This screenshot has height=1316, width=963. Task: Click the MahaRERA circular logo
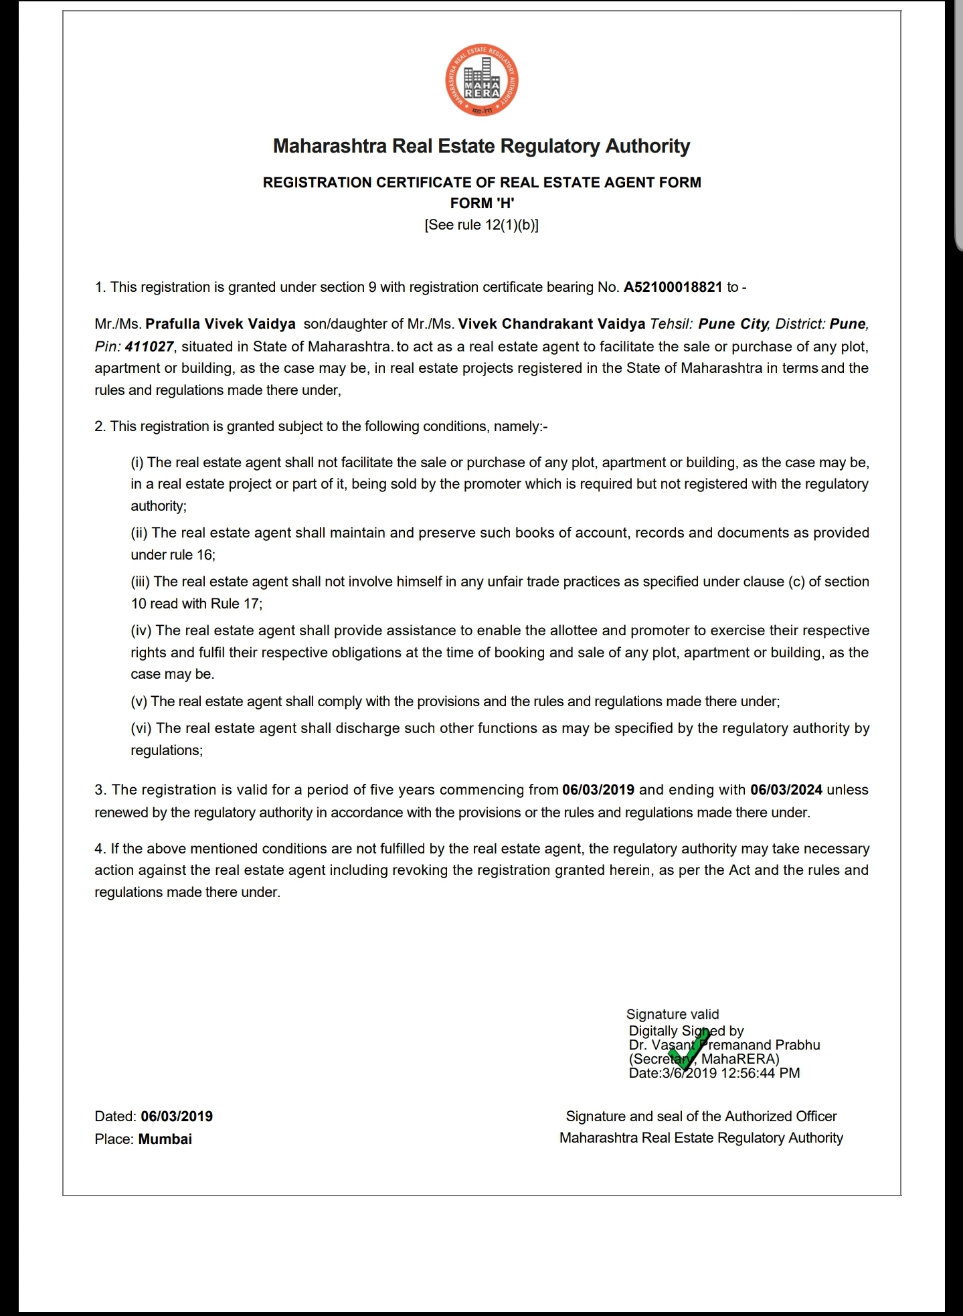(482, 81)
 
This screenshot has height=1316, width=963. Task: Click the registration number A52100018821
(673, 287)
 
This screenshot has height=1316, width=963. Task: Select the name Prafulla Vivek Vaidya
(221, 324)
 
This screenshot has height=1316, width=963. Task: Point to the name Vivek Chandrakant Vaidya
(552, 324)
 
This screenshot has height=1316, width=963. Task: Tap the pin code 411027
(149, 347)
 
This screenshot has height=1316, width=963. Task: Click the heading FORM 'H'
(482, 203)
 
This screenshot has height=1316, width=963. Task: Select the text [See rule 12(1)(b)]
(482, 225)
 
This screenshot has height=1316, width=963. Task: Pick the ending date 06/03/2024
(786, 790)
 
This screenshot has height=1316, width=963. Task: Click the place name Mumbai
(165, 1139)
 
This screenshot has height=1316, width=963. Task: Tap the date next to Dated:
(177, 1117)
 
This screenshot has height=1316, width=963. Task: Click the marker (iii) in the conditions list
(141, 582)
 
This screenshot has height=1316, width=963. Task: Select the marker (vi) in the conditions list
(141, 728)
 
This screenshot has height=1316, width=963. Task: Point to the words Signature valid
(673, 1014)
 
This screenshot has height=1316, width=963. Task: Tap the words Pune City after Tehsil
(733, 324)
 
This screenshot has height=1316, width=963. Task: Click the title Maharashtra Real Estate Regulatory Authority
(482, 146)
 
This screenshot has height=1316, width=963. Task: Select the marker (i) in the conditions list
(137, 463)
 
